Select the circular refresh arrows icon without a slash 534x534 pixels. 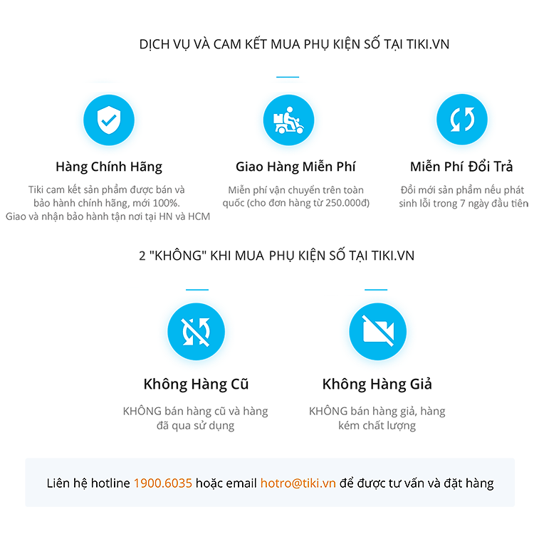[461, 119]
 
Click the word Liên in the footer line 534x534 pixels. [58, 483]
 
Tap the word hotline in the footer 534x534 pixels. [110, 483]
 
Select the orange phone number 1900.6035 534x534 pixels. [163, 483]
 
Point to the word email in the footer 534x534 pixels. [244, 483]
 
